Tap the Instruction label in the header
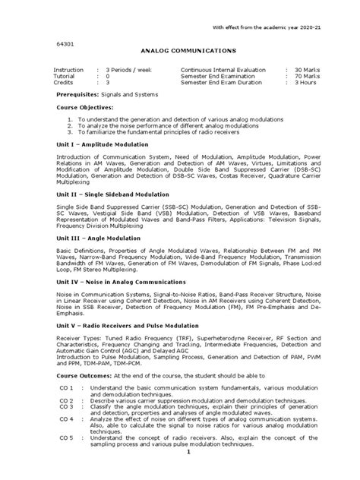tap(66, 69)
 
